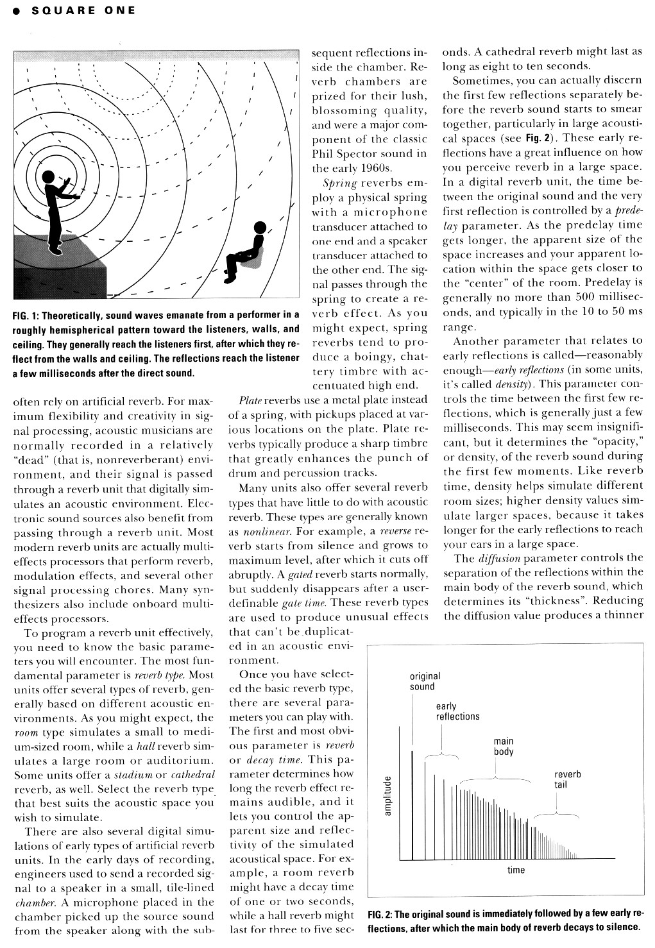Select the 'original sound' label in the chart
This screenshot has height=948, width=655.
click(x=425, y=681)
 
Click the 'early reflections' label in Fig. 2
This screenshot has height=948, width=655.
click(x=457, y=711)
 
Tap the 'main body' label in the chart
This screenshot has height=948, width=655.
click(x=504, y=746)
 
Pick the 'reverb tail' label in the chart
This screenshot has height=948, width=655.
click(x=567, y=779)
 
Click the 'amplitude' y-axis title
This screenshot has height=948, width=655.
click(x=387, y=796)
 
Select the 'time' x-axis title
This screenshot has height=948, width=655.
click(x=516, y=870)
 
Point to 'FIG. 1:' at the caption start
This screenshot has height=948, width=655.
click(x=27, y=316)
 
